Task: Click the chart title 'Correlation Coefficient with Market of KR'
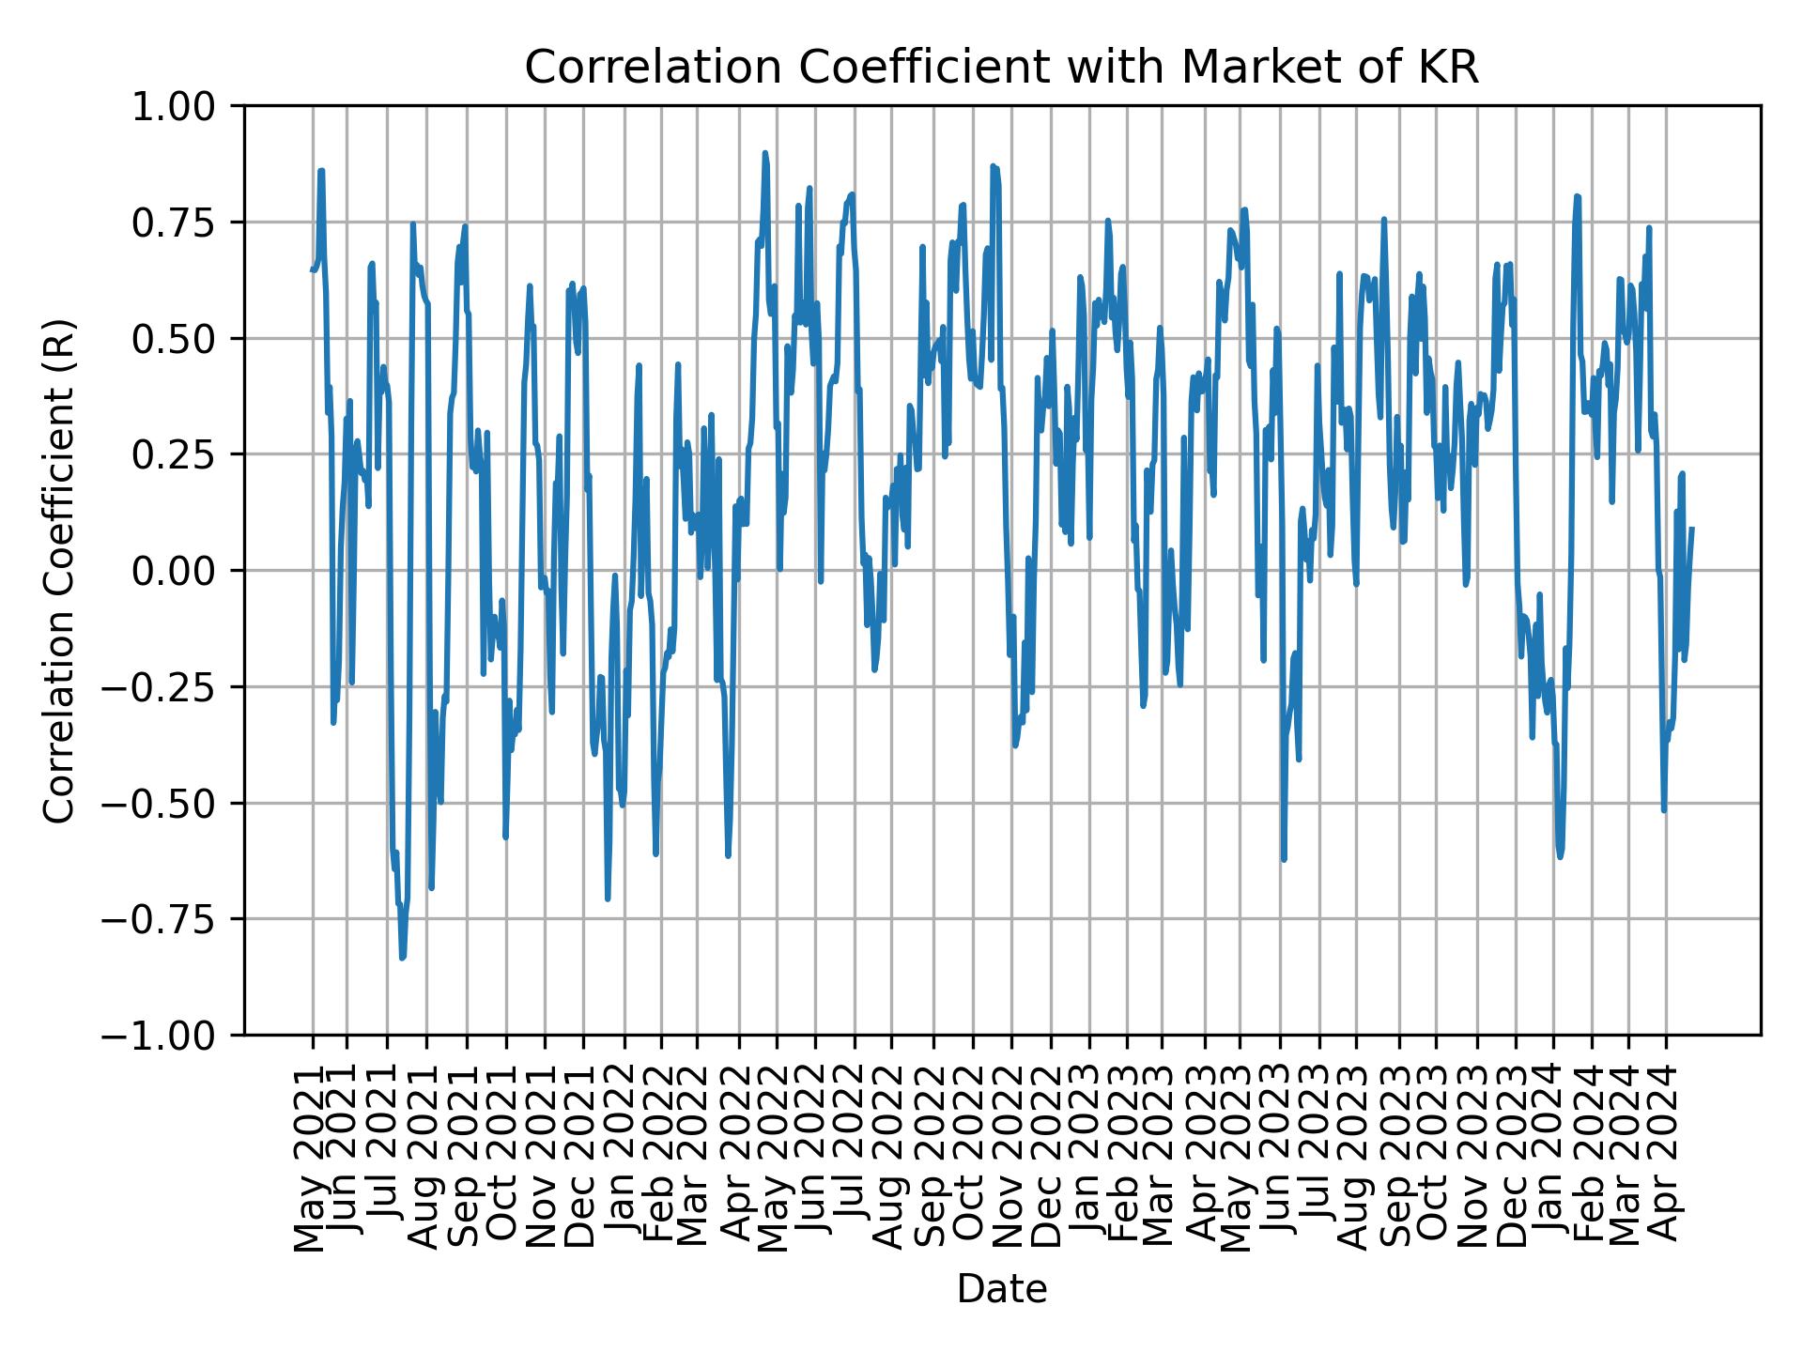pos(1001,68)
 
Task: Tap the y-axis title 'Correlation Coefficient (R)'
pos(59,570)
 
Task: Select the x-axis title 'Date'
pos(1001,1290)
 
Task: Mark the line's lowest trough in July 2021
pos(402,958)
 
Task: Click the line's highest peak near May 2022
pos(765,153)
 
